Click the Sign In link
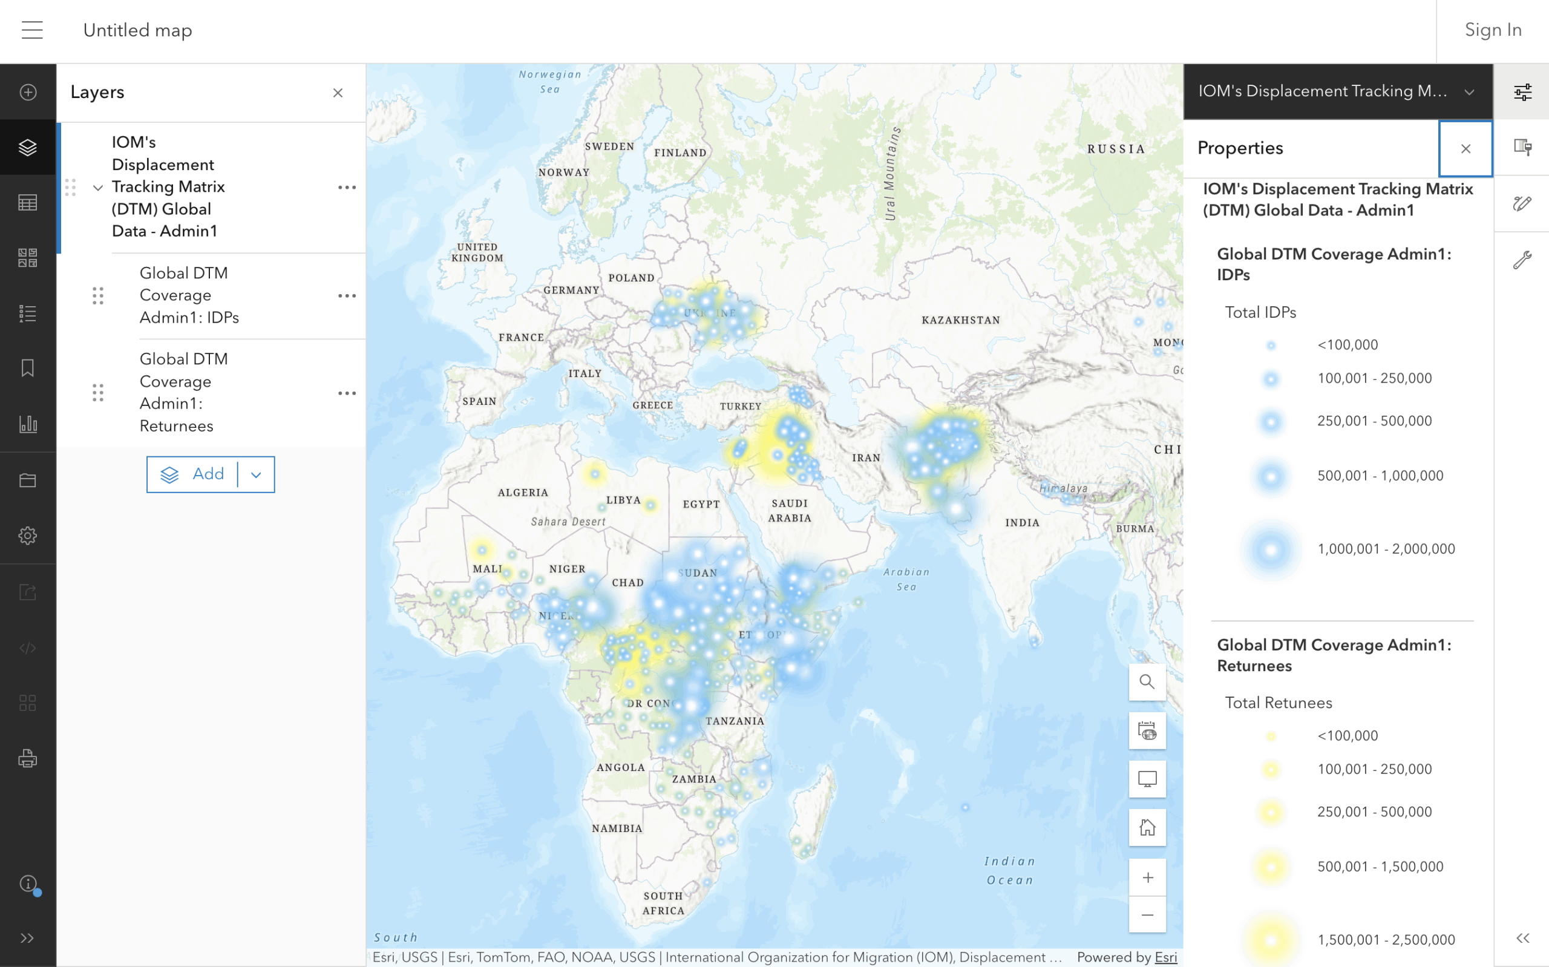click(x=1492, y=30)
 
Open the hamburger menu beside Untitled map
click(x=32, y=30)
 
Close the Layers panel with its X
click(x=338, y=93)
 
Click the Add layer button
click(x=194, y=474)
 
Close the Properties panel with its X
click(x=1465, y=149)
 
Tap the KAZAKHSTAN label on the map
click(x=960, y=320)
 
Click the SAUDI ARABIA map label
click(x=790, y=510)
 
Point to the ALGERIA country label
click(x=522, y=493)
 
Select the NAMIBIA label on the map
click(x=617, y=828)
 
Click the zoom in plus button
click(x=1147, y=877)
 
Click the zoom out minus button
click(x=1147, y=914)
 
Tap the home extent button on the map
click(x=1147, y=828)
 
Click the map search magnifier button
click(x=1147, y=682)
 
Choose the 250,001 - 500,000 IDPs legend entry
click(x=1374, y=421)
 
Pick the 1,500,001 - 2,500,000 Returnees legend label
click(x=1386, y=940)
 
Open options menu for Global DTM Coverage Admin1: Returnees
click(x=347, y=393)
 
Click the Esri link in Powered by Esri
click(x=1165, y=957)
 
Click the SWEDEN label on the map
click(x=609, y=146)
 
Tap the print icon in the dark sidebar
click(x=27, y=758)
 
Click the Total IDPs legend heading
click(x=1260, y=312)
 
